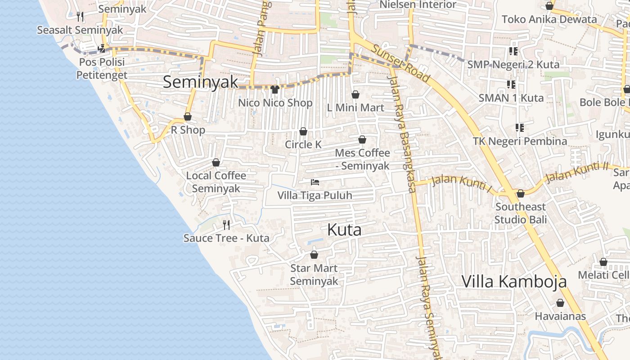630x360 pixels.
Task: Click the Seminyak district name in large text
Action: tap(200, 82)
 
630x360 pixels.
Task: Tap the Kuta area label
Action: tap(344, 230)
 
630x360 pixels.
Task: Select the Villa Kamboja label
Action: tap(514, 282)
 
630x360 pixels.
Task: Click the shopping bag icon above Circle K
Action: tap(303, 131)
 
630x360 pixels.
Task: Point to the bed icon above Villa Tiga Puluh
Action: tap(315, 182)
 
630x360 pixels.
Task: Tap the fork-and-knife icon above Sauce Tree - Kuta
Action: tap(226, 225)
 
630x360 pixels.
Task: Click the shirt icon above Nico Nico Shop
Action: tap(275, 90)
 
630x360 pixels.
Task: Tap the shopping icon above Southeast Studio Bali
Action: tap(521, 193)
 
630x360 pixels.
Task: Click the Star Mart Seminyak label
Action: tap(314, 274)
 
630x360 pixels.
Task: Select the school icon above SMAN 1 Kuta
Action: tap(511, 84)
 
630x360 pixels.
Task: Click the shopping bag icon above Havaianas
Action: tap(560, 303)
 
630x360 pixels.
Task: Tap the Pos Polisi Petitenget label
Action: tap(102, 68)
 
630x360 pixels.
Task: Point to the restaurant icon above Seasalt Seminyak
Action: tap(80, 17)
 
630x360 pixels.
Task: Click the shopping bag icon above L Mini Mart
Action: tap(355, 94)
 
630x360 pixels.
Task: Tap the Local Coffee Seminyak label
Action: tap(216, 182)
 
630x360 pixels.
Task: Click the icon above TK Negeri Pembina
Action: tap(520, 128)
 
